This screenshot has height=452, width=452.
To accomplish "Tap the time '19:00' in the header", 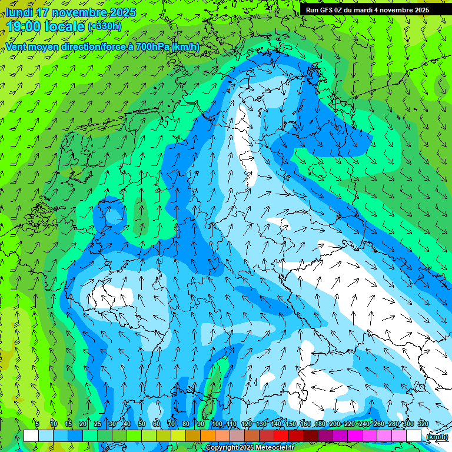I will (23, 26).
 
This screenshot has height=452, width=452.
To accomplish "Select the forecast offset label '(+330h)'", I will (105, 26).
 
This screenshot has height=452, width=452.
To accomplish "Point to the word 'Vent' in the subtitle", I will (17, 47).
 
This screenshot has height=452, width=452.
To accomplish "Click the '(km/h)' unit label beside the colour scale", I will (437, 437).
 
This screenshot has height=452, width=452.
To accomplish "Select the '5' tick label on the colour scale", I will (37, 424).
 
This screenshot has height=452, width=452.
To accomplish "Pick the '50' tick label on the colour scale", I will (142, 424).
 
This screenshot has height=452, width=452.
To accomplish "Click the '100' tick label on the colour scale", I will (217, 424).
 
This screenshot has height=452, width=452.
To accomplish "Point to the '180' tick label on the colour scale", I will (320, 424).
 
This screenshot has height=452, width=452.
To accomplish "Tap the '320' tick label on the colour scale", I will (423, 424).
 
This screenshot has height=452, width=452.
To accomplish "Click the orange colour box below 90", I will (208, 436).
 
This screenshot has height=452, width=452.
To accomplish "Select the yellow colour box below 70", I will (178, 436).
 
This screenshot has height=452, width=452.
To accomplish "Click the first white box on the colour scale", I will (31, 436).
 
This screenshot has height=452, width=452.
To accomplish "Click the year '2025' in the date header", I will (121, 12).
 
